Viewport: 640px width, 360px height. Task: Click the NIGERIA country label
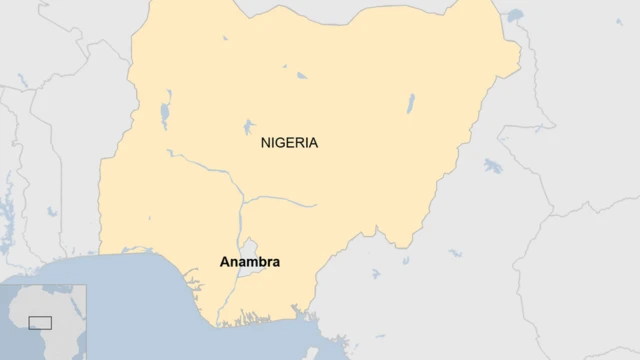tap(289, 143)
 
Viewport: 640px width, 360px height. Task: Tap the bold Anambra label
tap(249, 262)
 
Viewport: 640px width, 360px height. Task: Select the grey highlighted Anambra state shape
tap(247, 247)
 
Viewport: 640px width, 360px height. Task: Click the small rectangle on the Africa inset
tap(40, 322)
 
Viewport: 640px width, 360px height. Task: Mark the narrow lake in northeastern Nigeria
tap(410, 104)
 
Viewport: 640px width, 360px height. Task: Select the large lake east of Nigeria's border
tap(491, 165)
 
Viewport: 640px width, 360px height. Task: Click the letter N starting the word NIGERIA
tap(265, 143)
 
